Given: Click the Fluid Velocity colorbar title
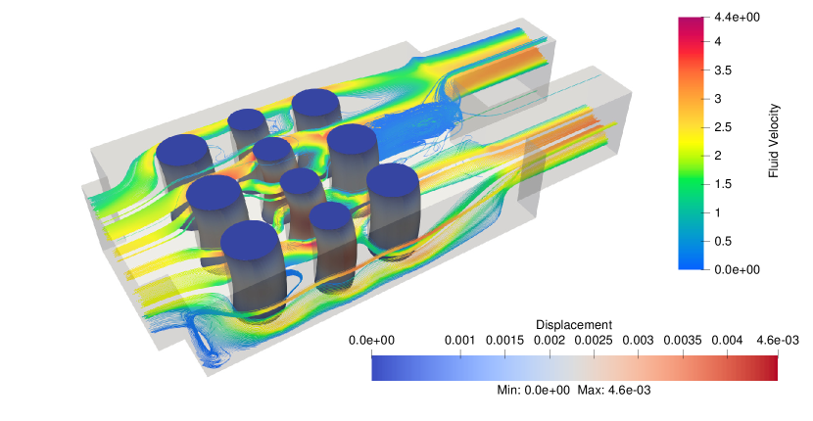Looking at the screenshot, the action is pos(774,141).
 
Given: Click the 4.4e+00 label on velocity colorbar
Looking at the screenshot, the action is pos(737,17).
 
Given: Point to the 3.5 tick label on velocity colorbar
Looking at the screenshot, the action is pos(723,70).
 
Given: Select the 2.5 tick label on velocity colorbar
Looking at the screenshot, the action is pos(723,127).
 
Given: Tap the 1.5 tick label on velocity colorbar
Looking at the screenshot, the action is pos(723,184).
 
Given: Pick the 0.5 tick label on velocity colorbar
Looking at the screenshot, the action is pos(723,241).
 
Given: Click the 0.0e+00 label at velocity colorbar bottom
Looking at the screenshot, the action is pos(737,269).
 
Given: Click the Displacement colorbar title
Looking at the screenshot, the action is pos(574,325).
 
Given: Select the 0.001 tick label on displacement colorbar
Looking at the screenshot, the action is pos(460,341).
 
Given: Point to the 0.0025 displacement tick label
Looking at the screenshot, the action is pos(594,341).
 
